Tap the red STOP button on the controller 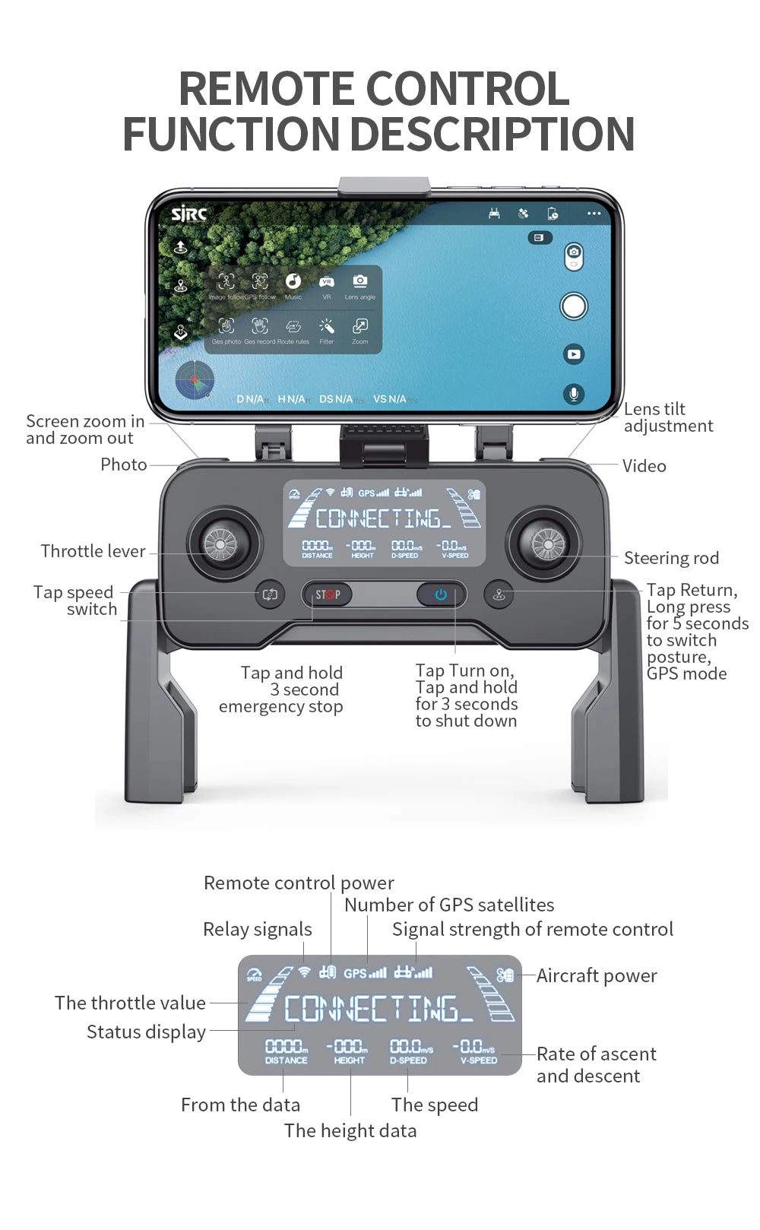[x=328, y=594]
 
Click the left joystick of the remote [x=221, y=544]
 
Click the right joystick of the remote [x=547, y=544]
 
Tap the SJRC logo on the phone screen [x=188, y=214]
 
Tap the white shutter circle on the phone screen [x=574, y=306]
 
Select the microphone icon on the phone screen [x=574, y=394]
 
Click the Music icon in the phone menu [x=293, y=283]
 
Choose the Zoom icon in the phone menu [x=359, y=328]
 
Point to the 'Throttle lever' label [x=93, y=551]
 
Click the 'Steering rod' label [x=671, y=558]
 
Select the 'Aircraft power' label [x=597, y=975]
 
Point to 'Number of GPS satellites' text [x=449, y=905]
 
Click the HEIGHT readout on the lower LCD [x=350, y=1051]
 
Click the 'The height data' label [x=350, y=1130]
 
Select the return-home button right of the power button [x=499, y=594]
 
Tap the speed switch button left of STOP [x=270, y=594]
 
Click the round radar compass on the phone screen [x=195, y=381]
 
